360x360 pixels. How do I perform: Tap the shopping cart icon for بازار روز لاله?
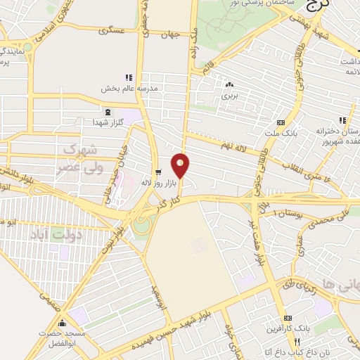(x=158, y=171)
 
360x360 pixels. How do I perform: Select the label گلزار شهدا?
(x=108, y=123)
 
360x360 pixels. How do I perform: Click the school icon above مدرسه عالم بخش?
(x=128, y=77)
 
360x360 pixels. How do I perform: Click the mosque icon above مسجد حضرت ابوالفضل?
(x=63, y=323)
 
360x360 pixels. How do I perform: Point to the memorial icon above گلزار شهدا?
(x=107, y=112)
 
